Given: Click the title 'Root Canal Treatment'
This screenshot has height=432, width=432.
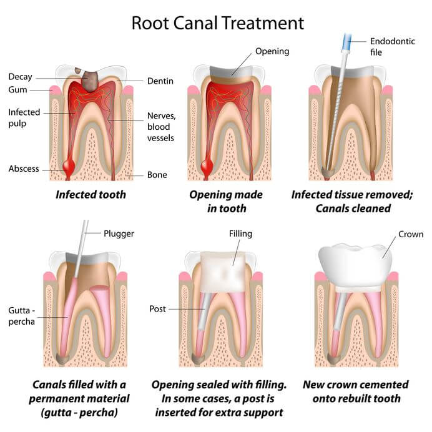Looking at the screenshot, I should click(217, 23).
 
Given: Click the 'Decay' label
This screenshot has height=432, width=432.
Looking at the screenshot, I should click(20, 77).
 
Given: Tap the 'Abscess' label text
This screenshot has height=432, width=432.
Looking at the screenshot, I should click(24, 169).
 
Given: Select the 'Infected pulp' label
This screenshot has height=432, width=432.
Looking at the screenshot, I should click(24, 118).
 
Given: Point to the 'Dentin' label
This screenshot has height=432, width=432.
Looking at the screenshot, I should click(160, 81).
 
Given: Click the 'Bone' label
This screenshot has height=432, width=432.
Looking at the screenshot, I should click(157, 175).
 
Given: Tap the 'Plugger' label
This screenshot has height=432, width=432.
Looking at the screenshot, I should click(119, 233).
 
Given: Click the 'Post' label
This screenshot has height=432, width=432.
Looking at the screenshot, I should click(157, 309).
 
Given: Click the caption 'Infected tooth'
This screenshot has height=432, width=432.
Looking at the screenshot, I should click(91, 194).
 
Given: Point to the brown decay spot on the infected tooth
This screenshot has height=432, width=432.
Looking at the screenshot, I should click(92, 79).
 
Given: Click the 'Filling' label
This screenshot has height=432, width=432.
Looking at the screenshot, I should click(240, 233).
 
